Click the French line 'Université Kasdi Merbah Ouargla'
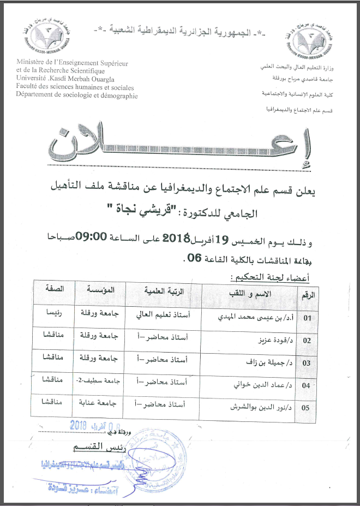click(62, 80)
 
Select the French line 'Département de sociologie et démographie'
click(77, 96)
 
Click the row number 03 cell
click(307, 362)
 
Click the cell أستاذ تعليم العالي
click(163, 315)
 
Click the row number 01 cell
click(309, 317)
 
